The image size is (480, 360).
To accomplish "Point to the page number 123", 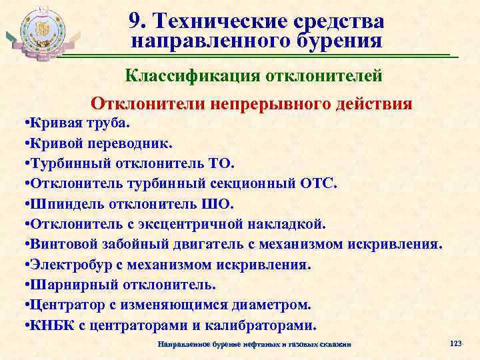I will click(x=456, y=343).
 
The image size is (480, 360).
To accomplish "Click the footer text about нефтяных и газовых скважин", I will click(x=253, y=343).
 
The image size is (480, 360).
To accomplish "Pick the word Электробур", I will click(x=61, y=265).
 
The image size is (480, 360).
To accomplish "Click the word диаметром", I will click(x=273, y=305).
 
